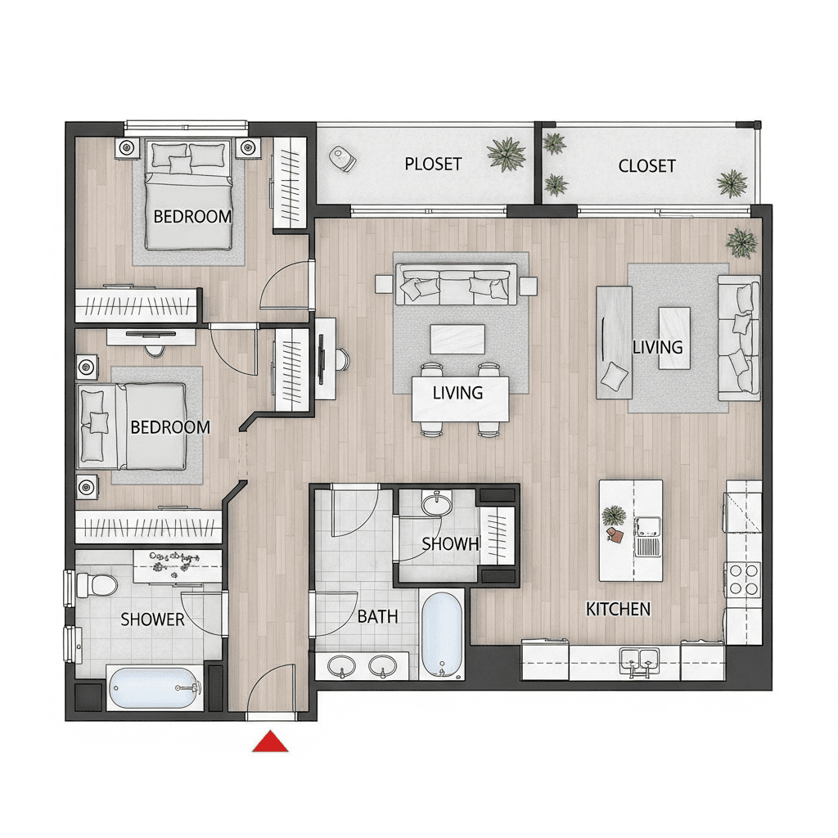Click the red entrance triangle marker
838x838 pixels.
click(x=270, y=741)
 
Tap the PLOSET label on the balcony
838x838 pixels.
click(x=433, y=164)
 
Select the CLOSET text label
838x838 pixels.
click(x=647, y=166)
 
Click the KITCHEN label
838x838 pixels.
click(x=618, y=609)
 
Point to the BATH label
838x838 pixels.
click(x=377, y=617)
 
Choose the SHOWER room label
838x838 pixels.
click(x=152, y=619)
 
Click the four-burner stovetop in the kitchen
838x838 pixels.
click(x=743, y=579)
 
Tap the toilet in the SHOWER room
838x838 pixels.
click(x=97, y=585)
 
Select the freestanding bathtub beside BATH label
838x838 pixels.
click(x=441, y=634)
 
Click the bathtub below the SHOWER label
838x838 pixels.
click(x=154, y=687)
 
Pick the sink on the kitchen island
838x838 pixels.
click(x=648, y=527)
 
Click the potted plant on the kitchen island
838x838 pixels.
click(x=613, y=516)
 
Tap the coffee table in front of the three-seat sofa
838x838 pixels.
click(x=457, y=340)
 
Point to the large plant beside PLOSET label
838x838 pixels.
click(x=506, y=154)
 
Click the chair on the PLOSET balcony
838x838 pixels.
click(x=342, y=159)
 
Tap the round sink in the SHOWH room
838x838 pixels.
click(x=437, y=504)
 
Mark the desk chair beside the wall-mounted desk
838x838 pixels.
click(x=343, y=359)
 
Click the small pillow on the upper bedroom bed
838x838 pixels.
click(x=180, y=164)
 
